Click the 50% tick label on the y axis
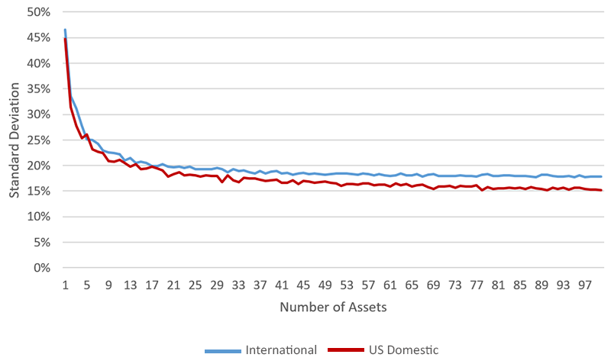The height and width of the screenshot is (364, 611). pos(39,13)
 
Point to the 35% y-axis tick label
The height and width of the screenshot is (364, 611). pos(39,89)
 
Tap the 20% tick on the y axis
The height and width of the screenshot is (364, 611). pos(39,166)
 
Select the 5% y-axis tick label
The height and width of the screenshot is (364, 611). pos(41,242)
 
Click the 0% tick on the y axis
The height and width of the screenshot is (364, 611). pos(41,268)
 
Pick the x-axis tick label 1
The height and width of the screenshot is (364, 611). pos(66,285)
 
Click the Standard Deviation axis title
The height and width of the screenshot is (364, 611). pos(15,140)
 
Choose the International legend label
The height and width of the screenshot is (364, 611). pos(280,350)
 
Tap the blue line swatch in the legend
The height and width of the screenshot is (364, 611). pos(222,351)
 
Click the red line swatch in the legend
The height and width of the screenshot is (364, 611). pos(344,351)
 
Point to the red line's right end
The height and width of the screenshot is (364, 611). pos(601,190)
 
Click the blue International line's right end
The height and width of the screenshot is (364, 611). pos(601,176)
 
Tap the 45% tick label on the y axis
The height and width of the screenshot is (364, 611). pos(39,38)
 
